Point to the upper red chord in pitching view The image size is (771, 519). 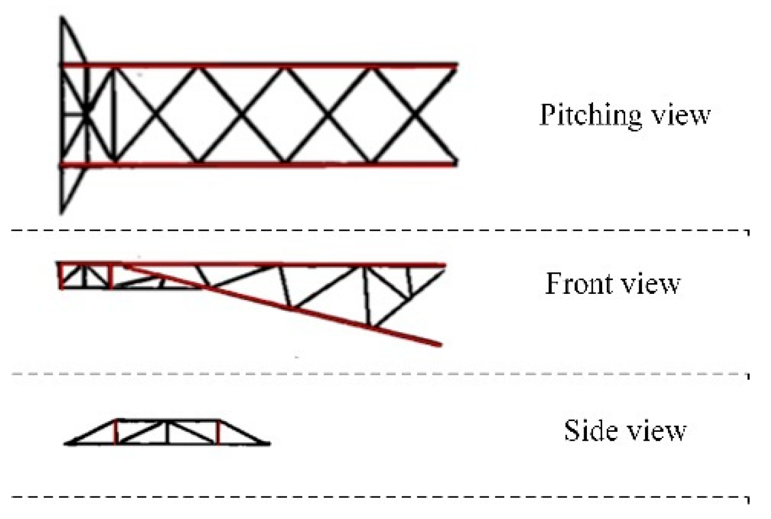point(281,66)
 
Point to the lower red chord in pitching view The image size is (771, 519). point(281,164)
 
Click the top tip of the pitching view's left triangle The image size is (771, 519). point(62,19)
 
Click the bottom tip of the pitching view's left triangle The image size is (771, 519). point(61,213)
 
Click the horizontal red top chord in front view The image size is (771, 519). point(281,264)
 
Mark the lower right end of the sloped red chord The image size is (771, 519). point(439,344)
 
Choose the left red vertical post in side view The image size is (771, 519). point(116,432)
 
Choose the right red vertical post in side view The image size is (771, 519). point(218,432)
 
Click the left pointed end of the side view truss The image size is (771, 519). point(66,444)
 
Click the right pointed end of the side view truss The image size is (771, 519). point(269,444)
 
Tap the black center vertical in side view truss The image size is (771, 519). point(167,432)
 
